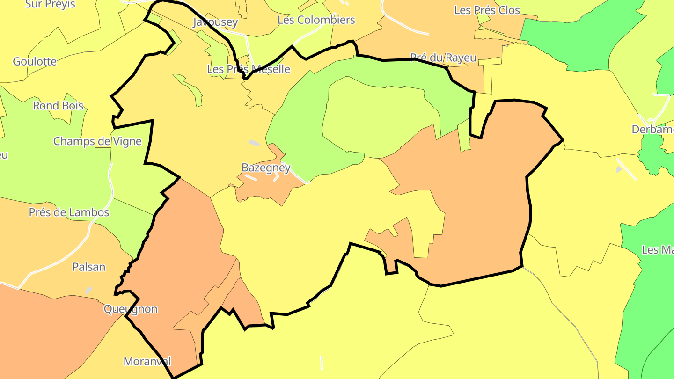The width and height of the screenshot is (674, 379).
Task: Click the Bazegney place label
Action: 266,168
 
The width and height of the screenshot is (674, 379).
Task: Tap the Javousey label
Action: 215,22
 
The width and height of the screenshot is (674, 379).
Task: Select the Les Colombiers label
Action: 316,20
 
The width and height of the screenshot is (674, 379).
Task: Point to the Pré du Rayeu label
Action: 443,58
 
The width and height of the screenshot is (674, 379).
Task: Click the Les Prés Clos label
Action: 487,10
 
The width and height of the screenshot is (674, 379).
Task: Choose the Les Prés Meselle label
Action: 249,69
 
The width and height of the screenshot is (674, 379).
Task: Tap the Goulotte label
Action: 35,61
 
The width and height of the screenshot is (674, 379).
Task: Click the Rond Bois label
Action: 58,106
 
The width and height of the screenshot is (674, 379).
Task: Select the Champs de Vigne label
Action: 97,141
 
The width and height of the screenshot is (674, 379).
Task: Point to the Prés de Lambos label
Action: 69,212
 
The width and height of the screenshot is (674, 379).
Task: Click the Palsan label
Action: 88,267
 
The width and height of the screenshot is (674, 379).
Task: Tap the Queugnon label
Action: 131,309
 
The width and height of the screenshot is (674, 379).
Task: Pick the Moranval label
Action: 147,362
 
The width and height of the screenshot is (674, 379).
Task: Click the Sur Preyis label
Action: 50,4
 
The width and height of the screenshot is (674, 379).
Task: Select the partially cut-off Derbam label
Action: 652,130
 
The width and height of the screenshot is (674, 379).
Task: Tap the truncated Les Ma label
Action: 658,250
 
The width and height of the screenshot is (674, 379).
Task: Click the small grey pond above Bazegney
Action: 254,143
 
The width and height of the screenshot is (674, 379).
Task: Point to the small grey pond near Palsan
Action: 88,291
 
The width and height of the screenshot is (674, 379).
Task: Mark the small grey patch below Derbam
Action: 619,169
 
